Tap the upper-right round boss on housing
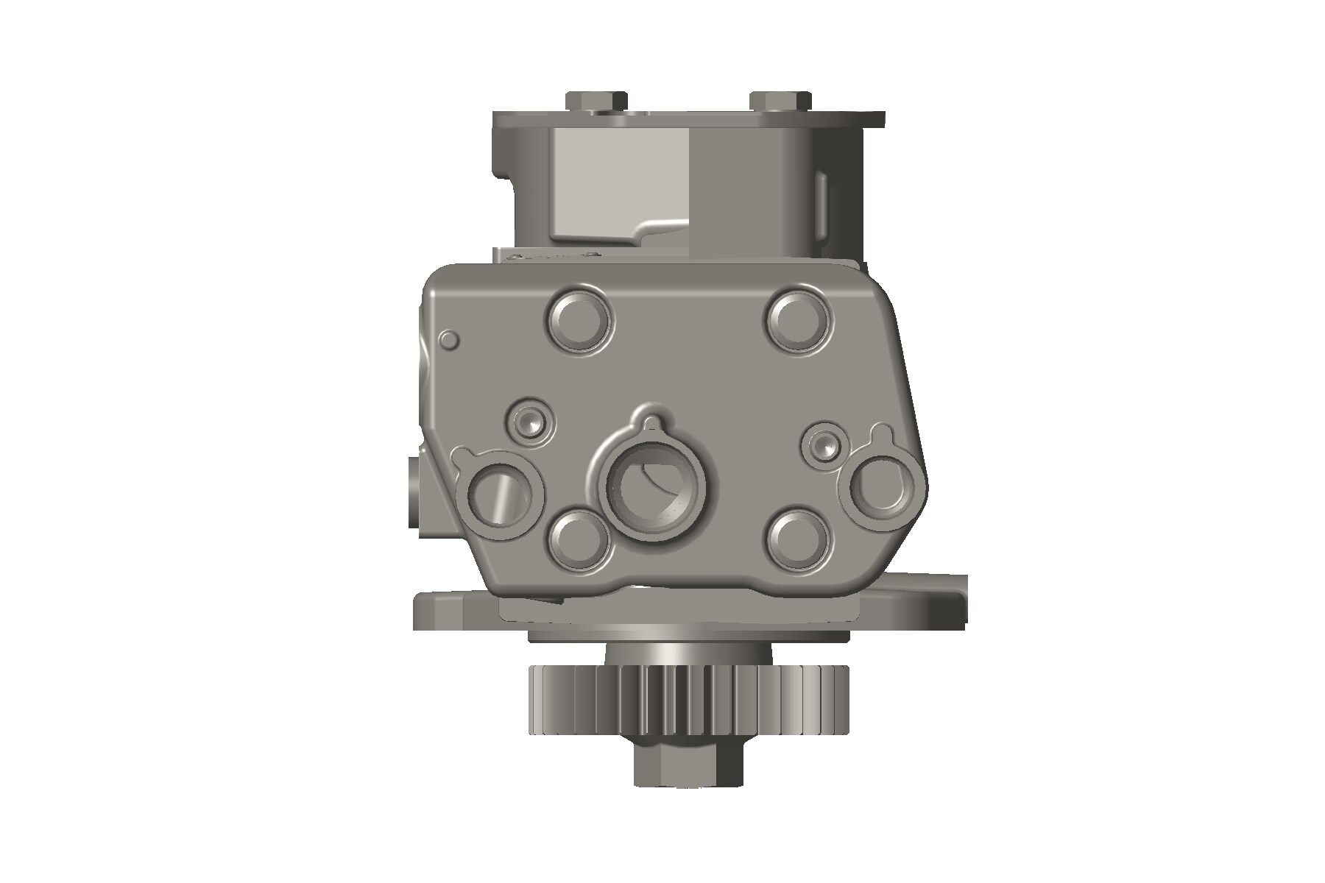coord(798,319)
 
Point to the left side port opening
coord(498,498)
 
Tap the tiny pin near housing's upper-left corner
coord(449,339)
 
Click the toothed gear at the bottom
coord(688,701)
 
